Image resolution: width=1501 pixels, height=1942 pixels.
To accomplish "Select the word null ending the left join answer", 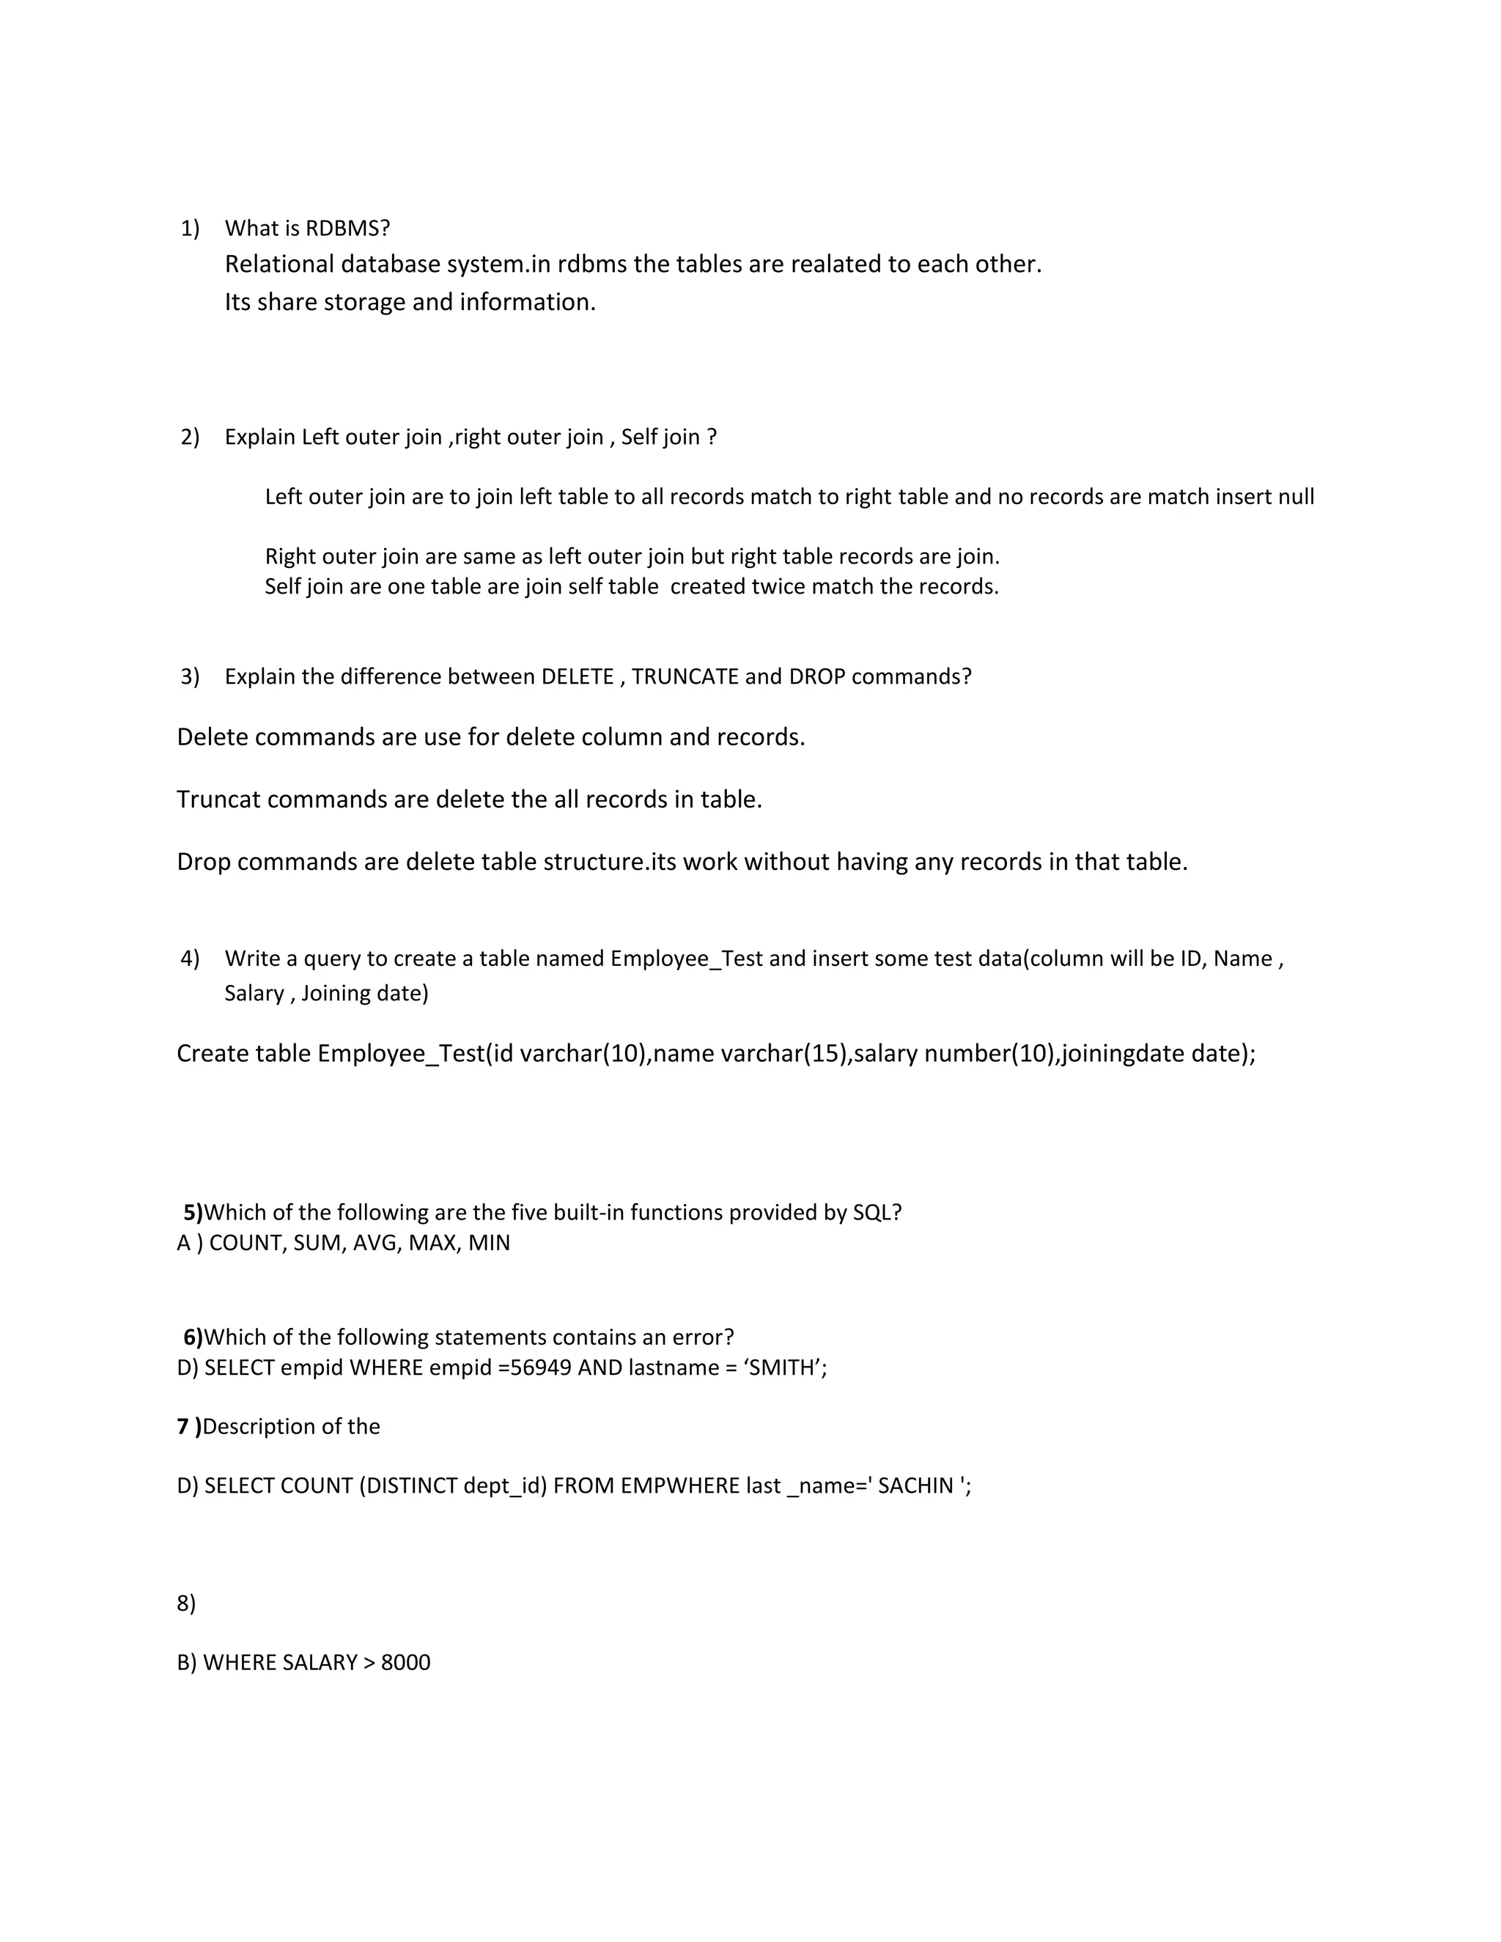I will (1296, 496).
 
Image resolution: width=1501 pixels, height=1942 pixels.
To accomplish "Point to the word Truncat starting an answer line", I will (218, 800).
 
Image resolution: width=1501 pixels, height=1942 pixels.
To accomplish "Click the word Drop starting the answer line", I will (204, 862).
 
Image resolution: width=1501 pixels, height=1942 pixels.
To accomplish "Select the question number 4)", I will (191, 959).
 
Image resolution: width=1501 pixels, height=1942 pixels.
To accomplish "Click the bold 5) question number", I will (193, 1213).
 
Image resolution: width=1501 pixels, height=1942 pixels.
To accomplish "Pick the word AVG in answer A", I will (376, 1243).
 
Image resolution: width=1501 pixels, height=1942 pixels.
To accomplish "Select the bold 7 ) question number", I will (188, 1427).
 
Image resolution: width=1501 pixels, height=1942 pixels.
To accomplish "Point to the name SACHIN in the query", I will (915, 1487).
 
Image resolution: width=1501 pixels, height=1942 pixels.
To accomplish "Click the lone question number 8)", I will (186, 1603).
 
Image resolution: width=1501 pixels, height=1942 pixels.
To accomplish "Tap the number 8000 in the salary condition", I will (405, 1663).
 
